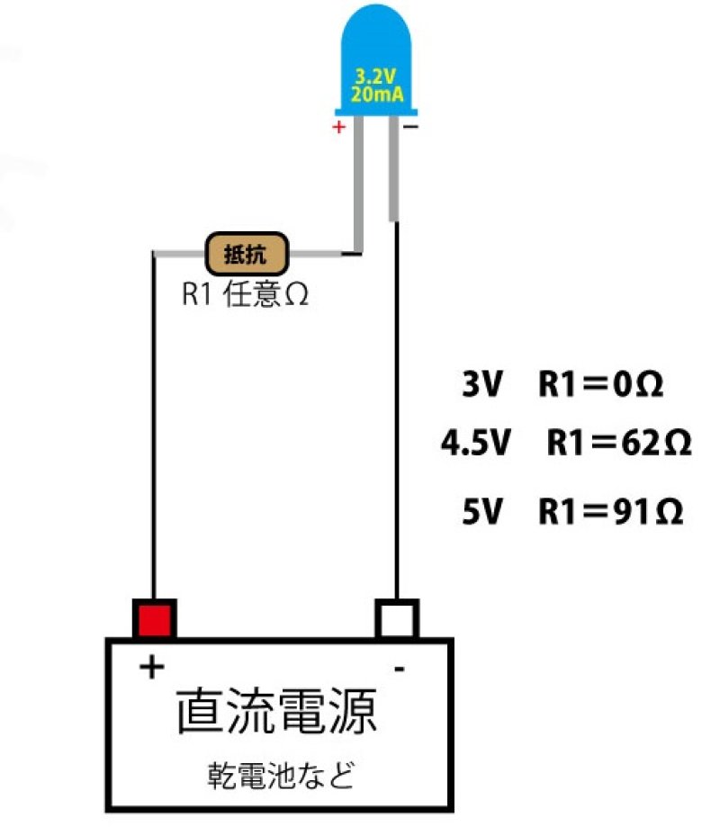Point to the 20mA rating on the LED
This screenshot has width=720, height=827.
pos(376,94)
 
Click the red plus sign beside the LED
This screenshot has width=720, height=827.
pos(338,128)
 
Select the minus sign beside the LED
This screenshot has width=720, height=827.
pos(410,128)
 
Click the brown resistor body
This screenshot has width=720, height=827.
pos(246,254)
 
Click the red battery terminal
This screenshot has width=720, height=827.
pos(154,618)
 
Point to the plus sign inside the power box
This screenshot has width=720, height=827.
pos(152,668)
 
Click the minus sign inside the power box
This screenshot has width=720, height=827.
pos(399,669)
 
